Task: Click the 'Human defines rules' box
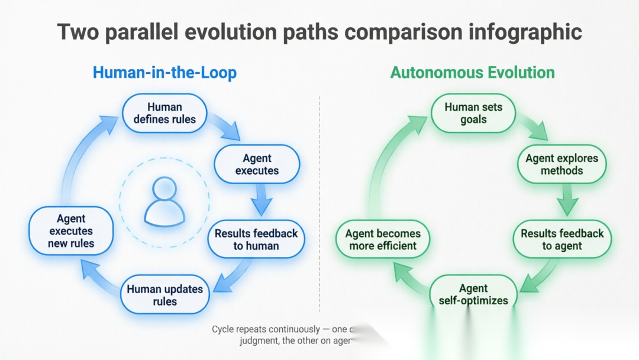point(164,113)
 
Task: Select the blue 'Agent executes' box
point(257,164)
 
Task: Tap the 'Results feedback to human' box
point(256,239)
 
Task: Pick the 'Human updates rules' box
point(164,295)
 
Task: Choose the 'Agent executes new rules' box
point(71,231)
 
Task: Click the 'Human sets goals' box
point(473,113)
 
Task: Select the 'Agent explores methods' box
point(561,164)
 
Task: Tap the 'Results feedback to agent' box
point(561,239)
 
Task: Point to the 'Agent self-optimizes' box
point(473,294)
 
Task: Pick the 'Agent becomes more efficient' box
point(382,239)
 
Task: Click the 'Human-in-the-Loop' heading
point(164,73)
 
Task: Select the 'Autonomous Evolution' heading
point(472,73)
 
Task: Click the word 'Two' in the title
point(78,33)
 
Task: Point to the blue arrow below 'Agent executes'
point(261,200)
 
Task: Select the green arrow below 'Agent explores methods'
point(567,200)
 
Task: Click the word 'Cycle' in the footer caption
point(224,329)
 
